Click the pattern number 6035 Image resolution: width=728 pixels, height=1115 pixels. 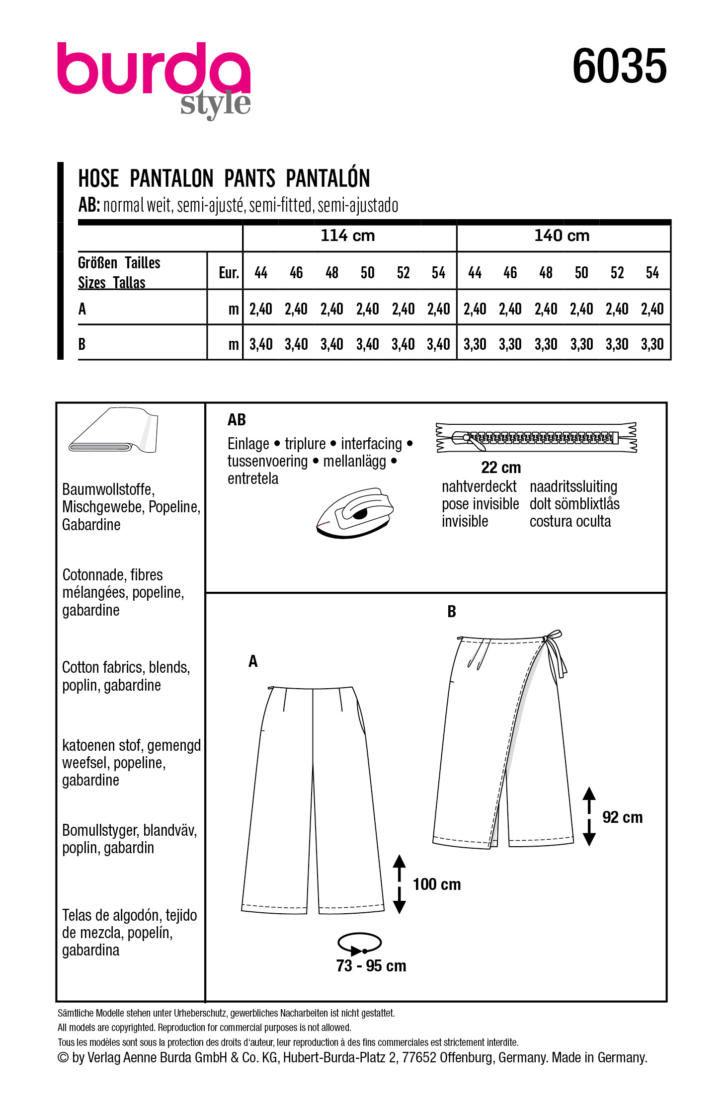pos(619,67)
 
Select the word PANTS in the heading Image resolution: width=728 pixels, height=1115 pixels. pos(249,178)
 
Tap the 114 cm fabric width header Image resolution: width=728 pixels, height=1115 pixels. pos(348,236)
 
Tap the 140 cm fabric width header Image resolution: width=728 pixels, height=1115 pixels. pos(562,236)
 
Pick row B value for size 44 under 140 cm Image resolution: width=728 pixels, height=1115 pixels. pos(475,344)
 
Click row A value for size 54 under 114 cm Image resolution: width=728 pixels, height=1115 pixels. pos(438,309)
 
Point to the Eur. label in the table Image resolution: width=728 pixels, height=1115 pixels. pos(229,273)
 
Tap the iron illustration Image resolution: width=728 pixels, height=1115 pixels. pos(355,512)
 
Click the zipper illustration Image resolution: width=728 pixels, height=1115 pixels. pos(536,437)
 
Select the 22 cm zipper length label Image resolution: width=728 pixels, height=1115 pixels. pos(500,468)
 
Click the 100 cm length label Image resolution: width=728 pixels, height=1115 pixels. pos(436,884)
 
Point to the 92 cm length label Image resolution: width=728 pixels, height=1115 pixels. pos(622,817)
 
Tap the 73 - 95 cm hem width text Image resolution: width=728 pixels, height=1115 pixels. pos(371,966)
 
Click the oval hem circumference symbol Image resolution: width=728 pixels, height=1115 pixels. pos(359,943)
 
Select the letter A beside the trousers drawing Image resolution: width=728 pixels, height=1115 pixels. pos(253,661)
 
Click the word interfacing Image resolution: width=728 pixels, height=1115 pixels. pos(371,444)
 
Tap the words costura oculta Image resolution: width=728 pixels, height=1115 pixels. pos(570,521)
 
